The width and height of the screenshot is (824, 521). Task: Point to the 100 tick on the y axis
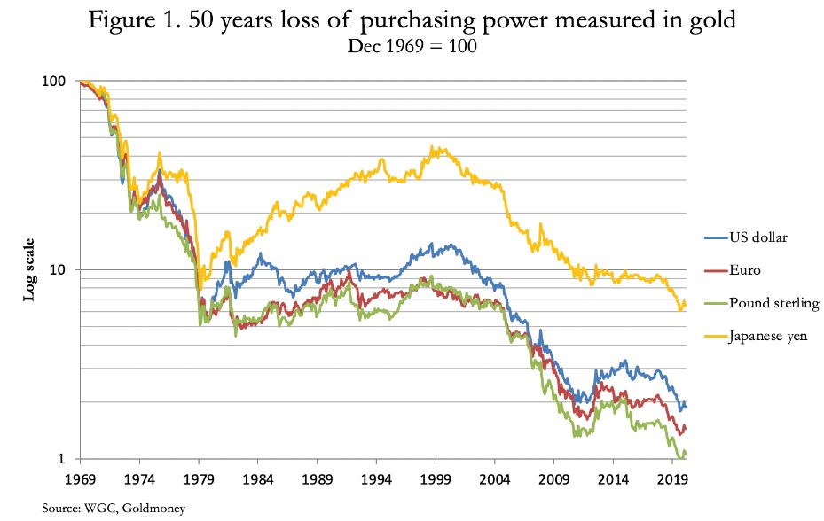pos(55,82)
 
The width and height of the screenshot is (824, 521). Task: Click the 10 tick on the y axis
pos(59,270)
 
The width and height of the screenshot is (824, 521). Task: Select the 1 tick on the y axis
pos(62,459)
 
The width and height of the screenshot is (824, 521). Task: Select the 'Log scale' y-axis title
pos(28,268)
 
